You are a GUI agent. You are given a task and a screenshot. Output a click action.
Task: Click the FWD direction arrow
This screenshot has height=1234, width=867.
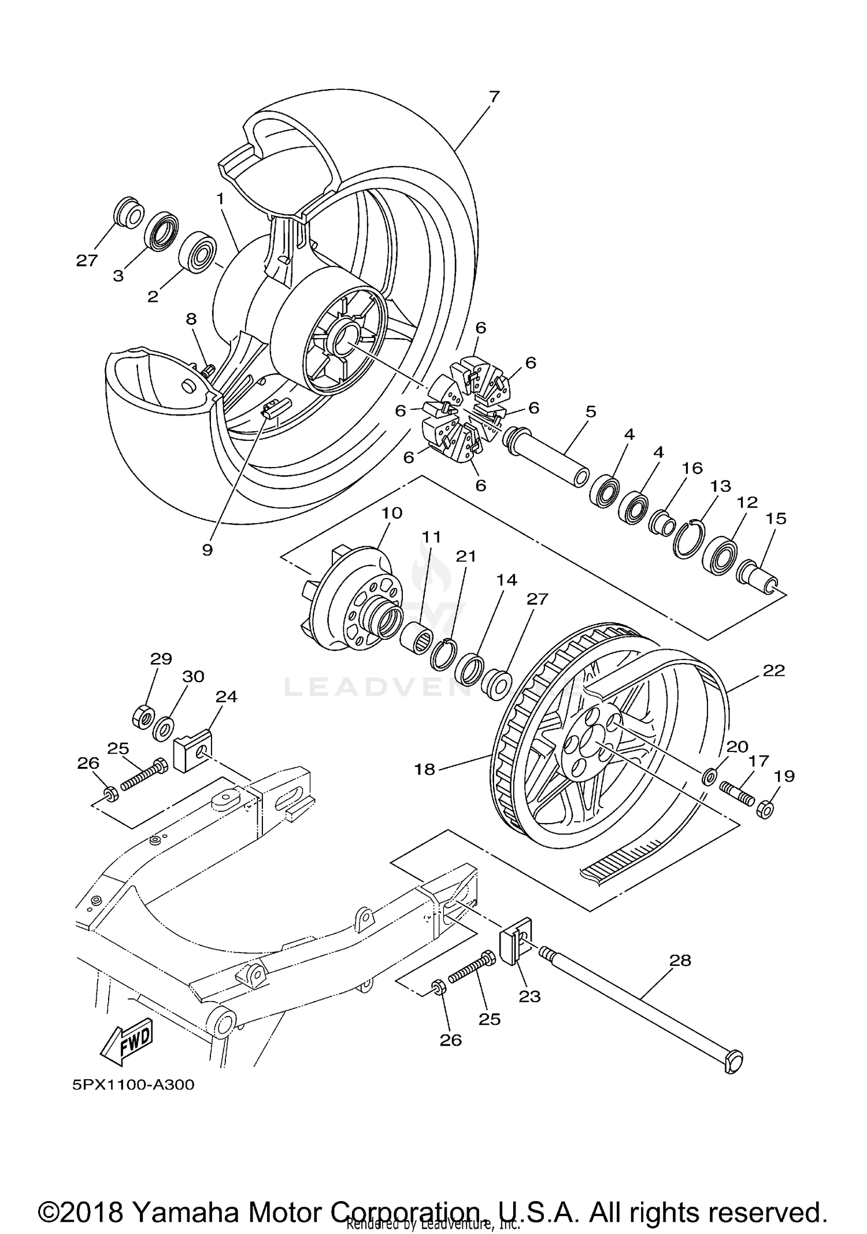(127, 1044)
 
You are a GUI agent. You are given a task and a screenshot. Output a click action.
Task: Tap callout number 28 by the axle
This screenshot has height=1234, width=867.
(680, 960)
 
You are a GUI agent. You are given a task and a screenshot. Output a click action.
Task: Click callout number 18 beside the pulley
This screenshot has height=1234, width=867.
(425, 769)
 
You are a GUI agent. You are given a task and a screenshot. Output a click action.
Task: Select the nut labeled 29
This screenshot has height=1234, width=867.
(143, 717)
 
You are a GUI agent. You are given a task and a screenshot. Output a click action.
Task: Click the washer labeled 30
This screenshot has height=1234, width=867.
(164, 728)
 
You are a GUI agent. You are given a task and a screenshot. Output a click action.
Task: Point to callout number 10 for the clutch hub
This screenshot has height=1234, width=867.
(392, 513)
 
